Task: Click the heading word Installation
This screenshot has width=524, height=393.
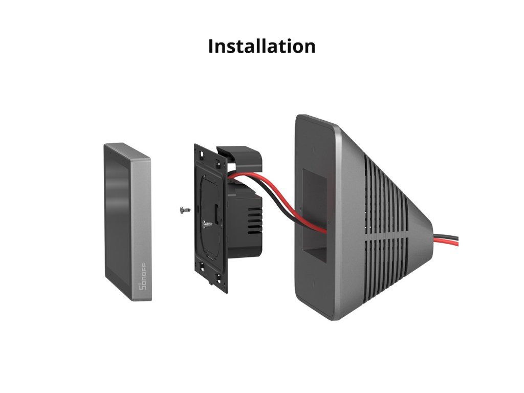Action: [x=261, y=46]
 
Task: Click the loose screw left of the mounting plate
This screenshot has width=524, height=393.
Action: [x=184, y=209]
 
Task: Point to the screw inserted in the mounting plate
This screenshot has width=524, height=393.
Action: [x=205, y=224]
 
